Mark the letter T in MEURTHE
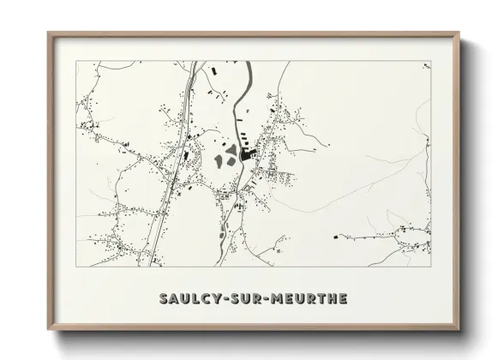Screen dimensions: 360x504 pos(321,298)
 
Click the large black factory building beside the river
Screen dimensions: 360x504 pos(249,155)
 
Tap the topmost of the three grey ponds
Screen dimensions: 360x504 pos(231,149)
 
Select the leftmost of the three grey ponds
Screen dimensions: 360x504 pos(219,160)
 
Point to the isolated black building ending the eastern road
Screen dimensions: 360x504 pos(335,235)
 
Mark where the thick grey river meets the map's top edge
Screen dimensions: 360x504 pos(248,62)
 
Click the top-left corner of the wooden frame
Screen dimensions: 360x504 pos(49,33)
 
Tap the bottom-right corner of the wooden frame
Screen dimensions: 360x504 pos(459,329)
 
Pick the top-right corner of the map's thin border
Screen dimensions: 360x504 pos(430,61)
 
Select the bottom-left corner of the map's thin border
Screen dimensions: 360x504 pos(76,267)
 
